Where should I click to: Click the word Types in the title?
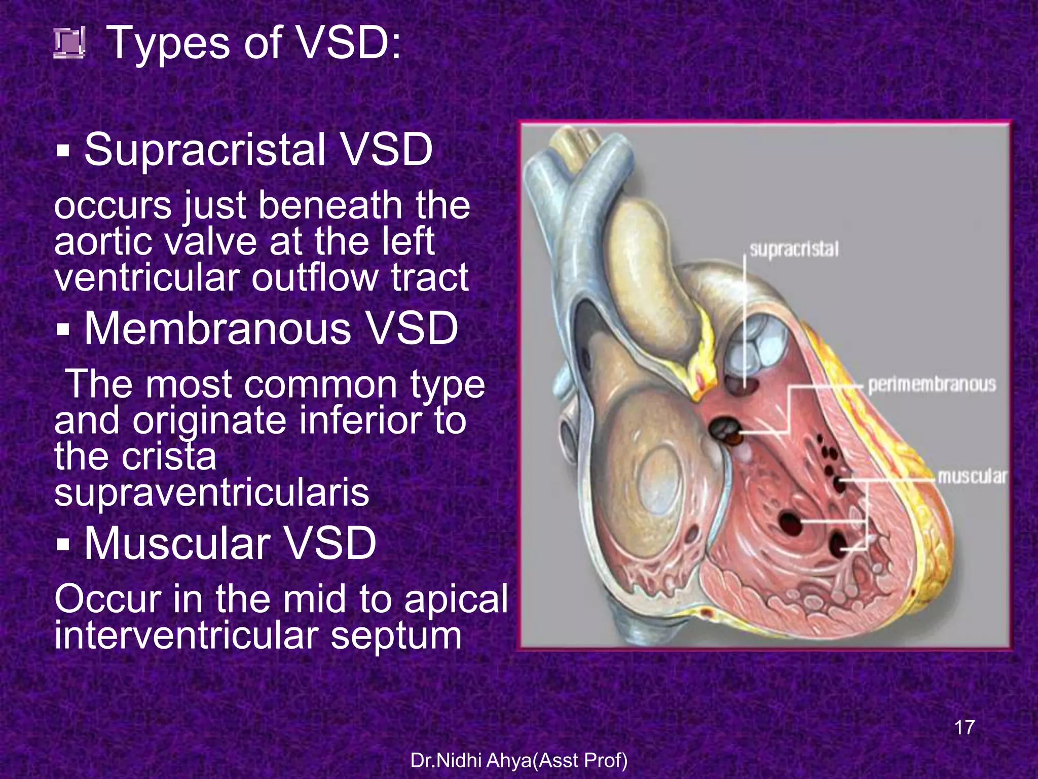[169, 44]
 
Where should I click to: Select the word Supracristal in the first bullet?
[205, 150]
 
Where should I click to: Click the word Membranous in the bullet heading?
[217, 328]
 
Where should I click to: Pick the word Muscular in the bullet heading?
[177, 543]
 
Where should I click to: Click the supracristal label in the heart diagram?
[794, 250]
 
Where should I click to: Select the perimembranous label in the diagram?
[932, 385]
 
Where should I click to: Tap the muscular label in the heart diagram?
[971, 477]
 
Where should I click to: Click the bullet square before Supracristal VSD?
[63, 151]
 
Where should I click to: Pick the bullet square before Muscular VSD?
[63, 545]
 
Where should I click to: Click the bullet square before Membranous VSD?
[63, 330]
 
